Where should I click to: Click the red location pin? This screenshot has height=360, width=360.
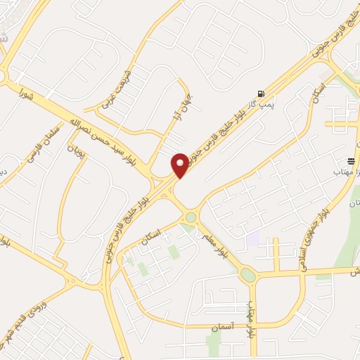(180, 165)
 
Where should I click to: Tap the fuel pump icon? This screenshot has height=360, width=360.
(262, 94)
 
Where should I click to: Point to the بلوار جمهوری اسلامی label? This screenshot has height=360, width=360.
(316, 225)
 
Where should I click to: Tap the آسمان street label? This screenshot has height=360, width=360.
(224, 326)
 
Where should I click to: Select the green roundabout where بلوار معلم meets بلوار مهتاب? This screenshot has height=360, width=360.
(248, 275)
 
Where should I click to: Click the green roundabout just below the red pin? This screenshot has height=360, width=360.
(191, 217)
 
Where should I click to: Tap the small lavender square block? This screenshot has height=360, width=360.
(252, 239)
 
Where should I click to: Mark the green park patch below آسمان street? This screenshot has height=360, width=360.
(213, 344)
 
